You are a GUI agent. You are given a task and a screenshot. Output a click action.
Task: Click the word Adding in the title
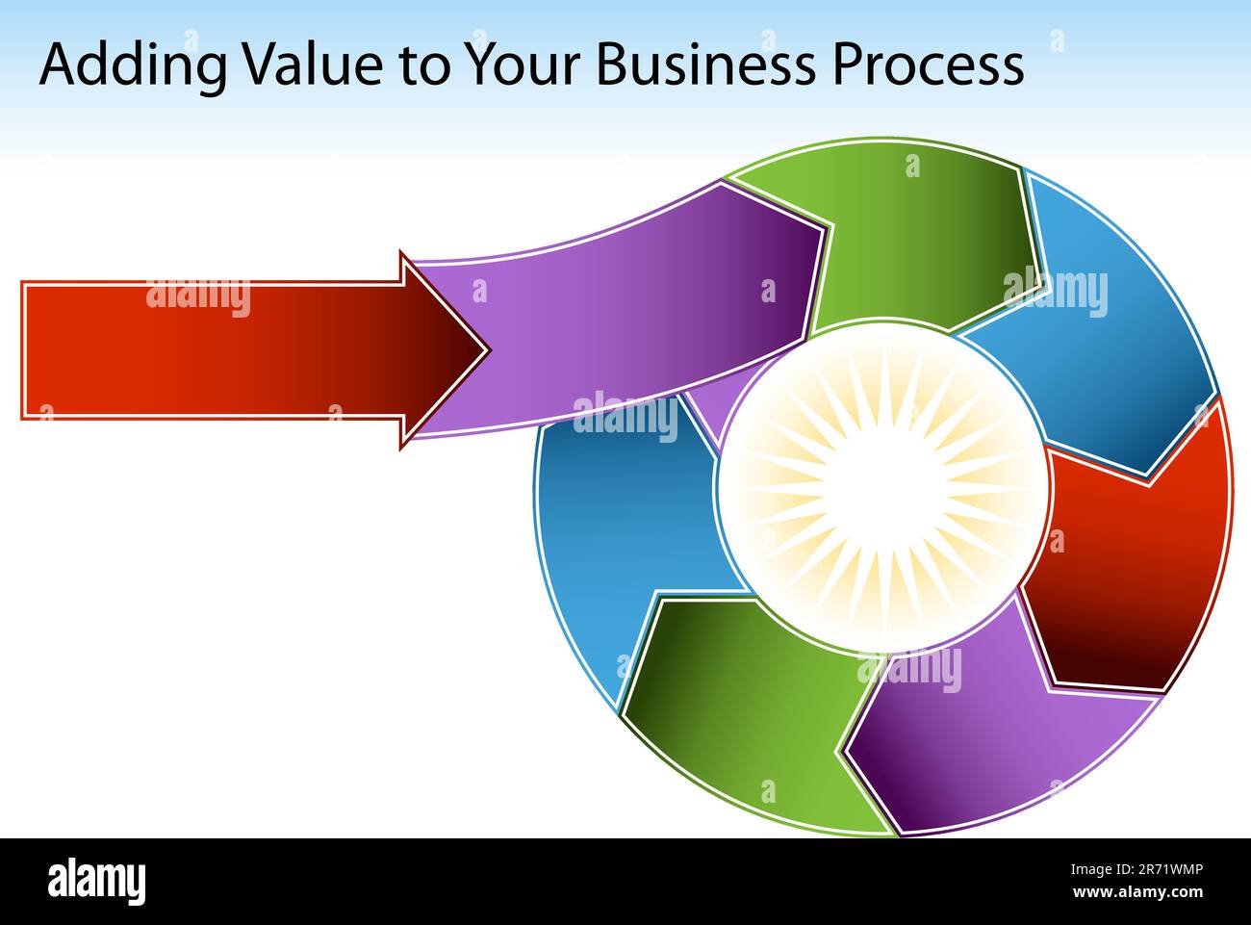tap(134, 65)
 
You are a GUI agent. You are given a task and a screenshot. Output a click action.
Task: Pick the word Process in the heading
tap(928, 65)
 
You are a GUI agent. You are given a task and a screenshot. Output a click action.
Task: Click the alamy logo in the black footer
tap(97, 881)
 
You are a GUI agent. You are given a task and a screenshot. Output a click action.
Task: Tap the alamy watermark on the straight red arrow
tap(197, 297)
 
